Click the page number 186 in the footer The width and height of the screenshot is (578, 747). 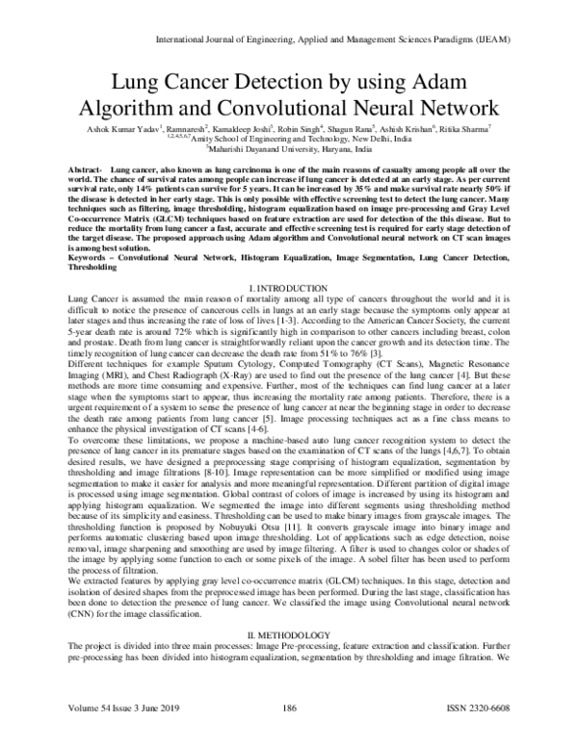[288, 734]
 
